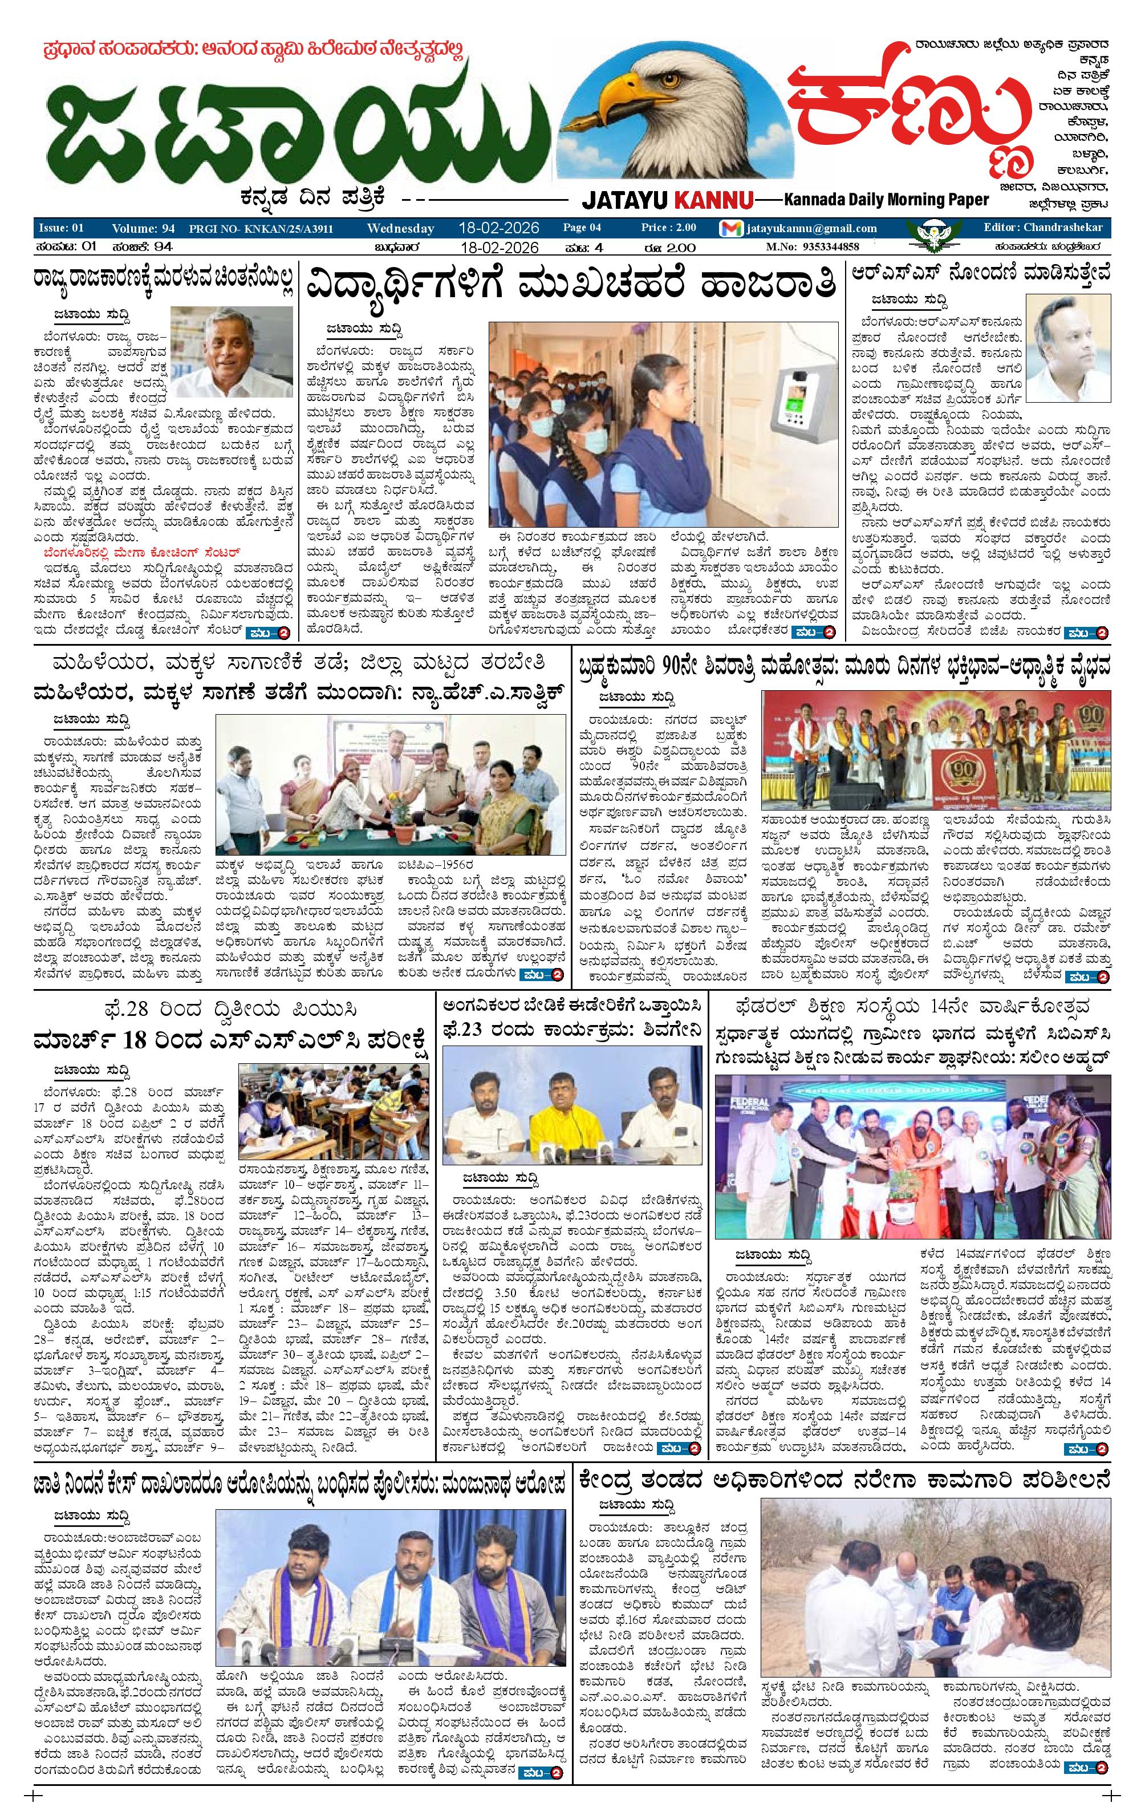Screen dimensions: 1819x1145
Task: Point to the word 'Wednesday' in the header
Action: coord(400,228)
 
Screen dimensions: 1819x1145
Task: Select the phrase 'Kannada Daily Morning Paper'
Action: coord(885,200)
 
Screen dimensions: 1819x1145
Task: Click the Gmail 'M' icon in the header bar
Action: coord(730,229)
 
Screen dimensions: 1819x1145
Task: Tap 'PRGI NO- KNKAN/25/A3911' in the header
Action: coord(262,229)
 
